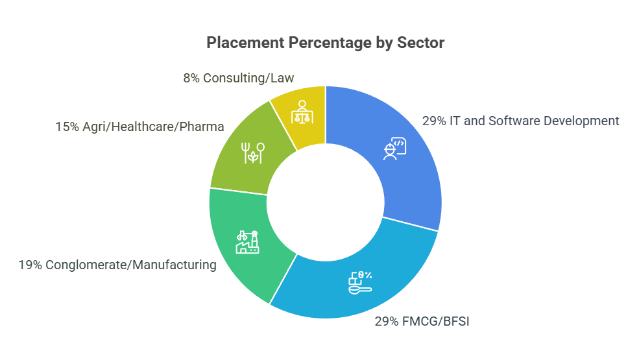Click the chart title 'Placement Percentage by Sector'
(x=325, y=43)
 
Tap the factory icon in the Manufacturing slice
(x=247, y=242)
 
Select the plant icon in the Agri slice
(x=252, y=152)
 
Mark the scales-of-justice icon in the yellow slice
(x=302, y=112)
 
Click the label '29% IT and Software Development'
(x=520, y=121)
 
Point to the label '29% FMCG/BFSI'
(x=421, y=320)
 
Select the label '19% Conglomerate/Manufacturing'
(x=117, y=265)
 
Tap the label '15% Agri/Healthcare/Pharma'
(x=139, y=127)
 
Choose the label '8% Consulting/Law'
(x=238, y=78)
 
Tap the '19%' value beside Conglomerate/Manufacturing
(x=29, y=265)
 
